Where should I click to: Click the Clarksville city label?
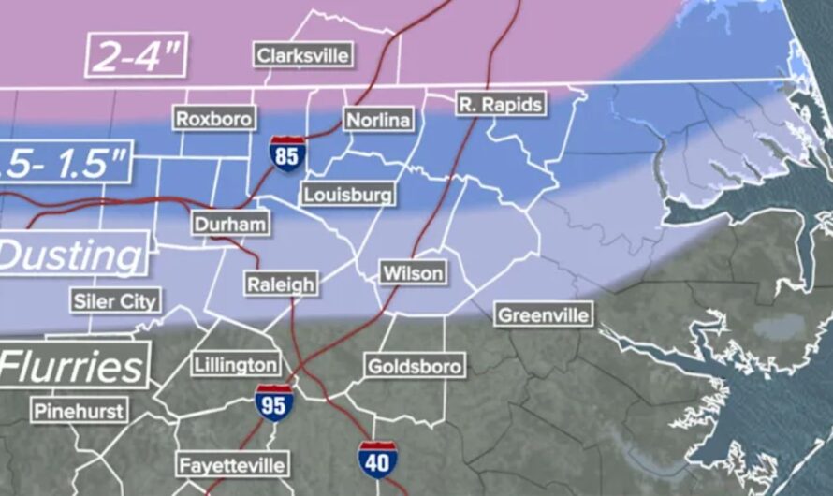[303, 54]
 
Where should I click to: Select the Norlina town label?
[378, 120]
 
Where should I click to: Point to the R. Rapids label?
[501, 104]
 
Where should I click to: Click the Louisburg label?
[347, 195]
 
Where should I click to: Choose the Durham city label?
[230, 225]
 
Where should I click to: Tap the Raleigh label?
[281, 284]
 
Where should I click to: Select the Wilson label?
[413, 273]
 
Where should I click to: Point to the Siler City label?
[116, 300]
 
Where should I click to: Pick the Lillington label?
[236, 364]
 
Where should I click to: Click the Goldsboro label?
[414, 366]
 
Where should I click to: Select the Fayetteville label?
[232, 464]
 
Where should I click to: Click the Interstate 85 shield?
[286, 153]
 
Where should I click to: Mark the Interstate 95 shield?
[274, 402]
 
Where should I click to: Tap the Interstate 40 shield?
[376, 460]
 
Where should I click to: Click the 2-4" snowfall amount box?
[137, 56]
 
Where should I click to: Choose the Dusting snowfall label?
[72, 255]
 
